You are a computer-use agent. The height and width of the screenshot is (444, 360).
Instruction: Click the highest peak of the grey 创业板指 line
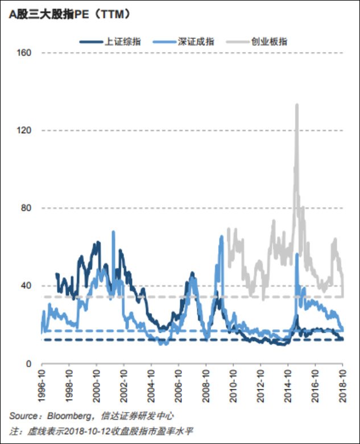[x=297, y=105]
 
